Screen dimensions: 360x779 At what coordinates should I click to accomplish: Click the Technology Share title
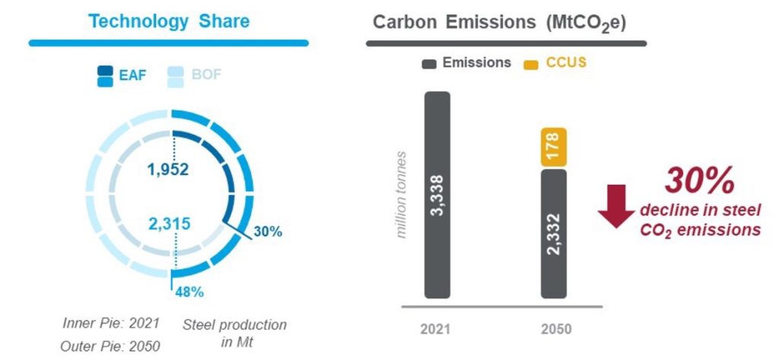pyautogui.click(x=168, y=21)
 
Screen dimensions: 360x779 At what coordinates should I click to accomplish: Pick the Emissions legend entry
pyautogui.click(x=467, y=63)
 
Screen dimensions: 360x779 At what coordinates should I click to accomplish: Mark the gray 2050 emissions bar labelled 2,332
pyautogui.click(x=553, y=233)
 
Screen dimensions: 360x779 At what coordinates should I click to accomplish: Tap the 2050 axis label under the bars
pyautogui.click(x=553, y=330)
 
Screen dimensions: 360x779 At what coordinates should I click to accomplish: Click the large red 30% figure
pyautogui.click(x=700, y=181)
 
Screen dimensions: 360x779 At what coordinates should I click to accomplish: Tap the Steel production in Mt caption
pyautogui.click(x=235, y=333)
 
